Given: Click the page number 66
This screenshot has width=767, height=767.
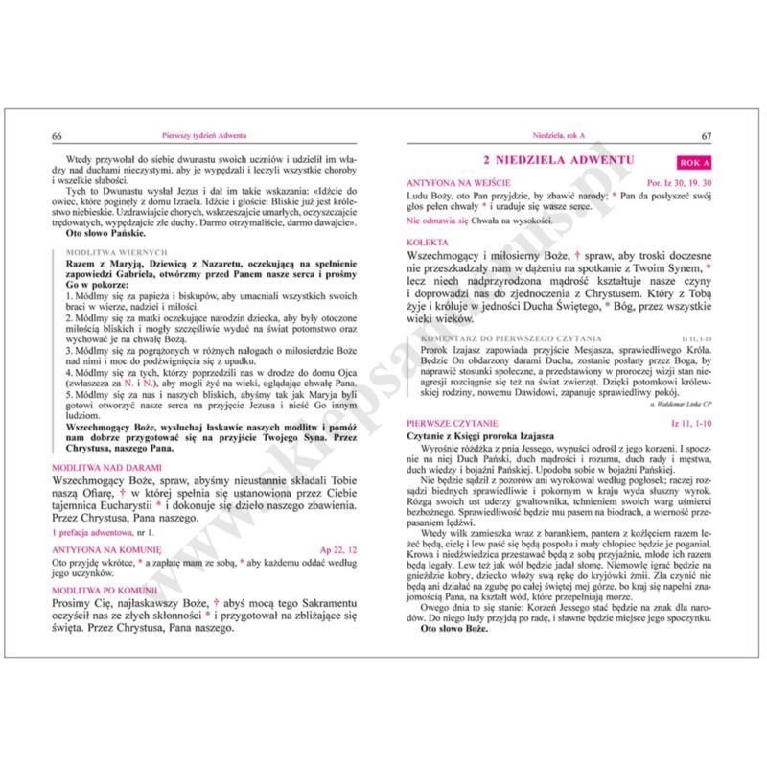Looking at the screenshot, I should (58, 135).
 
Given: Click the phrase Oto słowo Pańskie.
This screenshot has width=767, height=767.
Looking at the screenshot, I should (105, 232).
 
